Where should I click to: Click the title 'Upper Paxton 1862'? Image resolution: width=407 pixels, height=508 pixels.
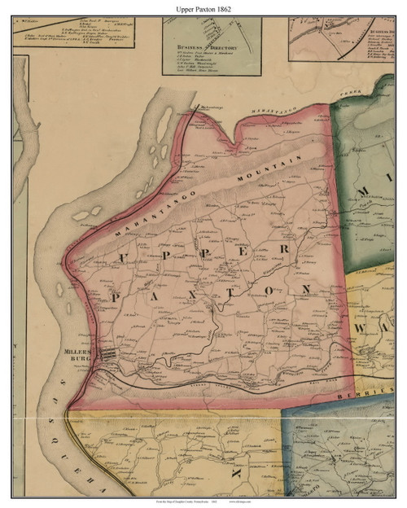(203, 7)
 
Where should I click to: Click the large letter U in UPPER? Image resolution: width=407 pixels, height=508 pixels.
(127, 260)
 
